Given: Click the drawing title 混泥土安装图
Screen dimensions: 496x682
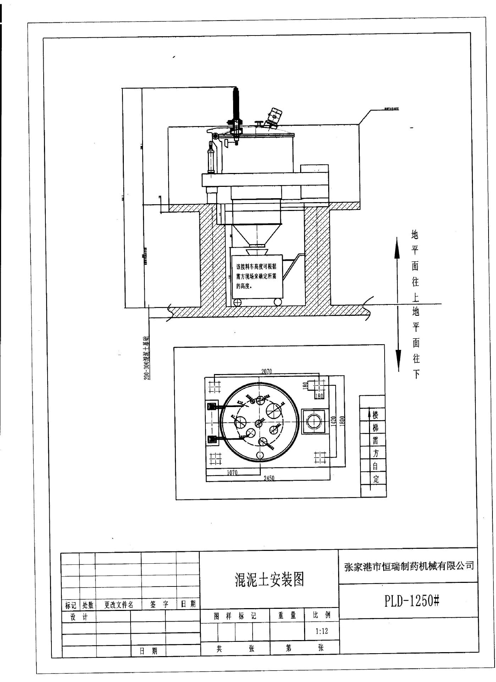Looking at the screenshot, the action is pos(269,579).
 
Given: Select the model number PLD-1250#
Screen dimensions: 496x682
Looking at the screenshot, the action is pos(412,601).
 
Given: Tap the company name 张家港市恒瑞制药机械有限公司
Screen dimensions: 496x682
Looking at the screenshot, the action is pos(409,566).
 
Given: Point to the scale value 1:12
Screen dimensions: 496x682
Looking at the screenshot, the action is pos(321,631).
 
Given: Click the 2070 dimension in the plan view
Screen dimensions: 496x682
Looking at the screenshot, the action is pos(266,372).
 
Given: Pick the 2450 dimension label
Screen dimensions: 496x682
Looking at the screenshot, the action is pos(269,478).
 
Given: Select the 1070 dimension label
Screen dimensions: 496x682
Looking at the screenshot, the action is pos(232,472).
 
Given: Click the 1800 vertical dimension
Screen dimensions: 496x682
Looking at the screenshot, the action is pos(342,422).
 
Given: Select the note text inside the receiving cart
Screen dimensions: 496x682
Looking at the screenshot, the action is pos(256,276).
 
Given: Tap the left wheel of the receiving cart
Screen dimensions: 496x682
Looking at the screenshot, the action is pos(237,302).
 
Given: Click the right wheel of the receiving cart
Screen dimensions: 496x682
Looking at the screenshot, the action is pos(277,302).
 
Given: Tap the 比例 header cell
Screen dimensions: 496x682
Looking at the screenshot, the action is pos(321,615).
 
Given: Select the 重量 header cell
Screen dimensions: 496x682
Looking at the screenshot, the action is pos(287,615).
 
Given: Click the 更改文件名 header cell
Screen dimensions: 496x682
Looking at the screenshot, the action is pos(119,605).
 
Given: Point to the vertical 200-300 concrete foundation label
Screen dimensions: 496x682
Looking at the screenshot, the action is pos(146,358).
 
